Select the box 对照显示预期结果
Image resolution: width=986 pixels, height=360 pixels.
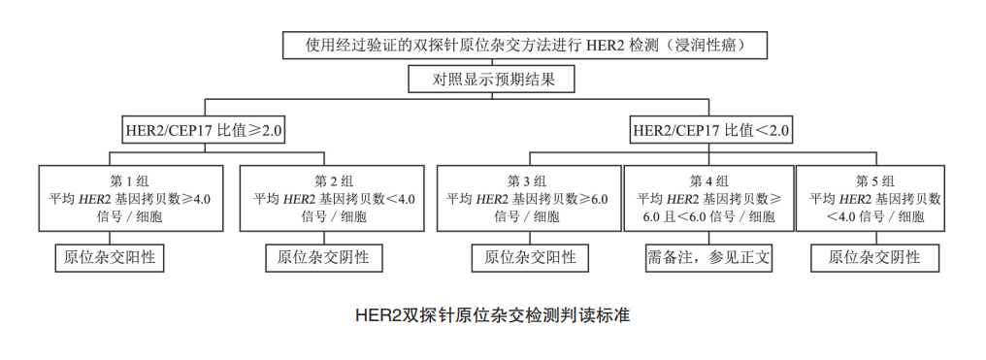coord(494,79)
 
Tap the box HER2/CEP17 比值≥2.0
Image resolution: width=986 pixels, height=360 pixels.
coord(205,129)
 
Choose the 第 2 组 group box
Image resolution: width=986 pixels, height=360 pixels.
coord(333,198)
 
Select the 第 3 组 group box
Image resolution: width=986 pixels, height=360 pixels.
coord(528,198)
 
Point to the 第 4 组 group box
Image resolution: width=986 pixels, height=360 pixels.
coord(707,198)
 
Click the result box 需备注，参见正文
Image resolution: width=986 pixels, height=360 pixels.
coord(708,257)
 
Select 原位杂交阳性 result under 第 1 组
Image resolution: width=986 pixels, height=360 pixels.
coord(110,257)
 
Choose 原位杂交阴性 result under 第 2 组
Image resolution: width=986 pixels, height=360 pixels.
coord(323,257)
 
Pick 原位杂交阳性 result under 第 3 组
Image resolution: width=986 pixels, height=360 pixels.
coord(530,257)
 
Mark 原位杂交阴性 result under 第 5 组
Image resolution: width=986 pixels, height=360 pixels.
coord(873,257)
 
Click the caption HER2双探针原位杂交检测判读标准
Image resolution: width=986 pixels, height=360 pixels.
coord(492,315)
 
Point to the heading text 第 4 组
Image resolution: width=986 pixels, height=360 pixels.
coord(708,180)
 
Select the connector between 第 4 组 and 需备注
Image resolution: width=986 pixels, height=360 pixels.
coord(708,238)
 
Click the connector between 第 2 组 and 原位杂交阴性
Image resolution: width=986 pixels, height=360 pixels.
coord(323,238)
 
